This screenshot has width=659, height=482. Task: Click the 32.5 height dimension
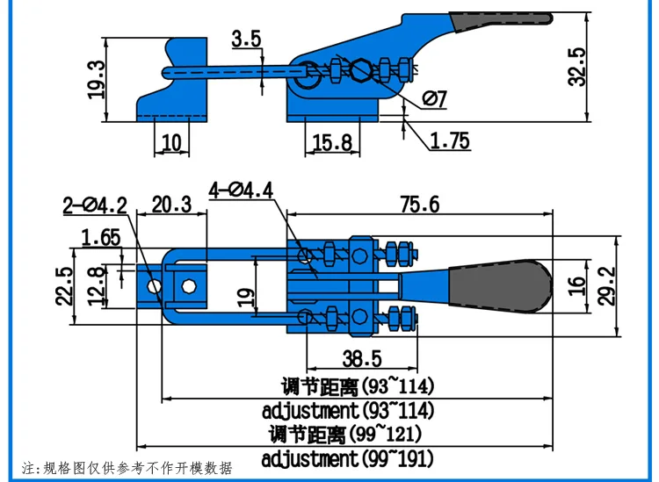576,68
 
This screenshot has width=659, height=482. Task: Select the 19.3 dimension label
97,80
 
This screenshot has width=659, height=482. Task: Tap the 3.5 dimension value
247,39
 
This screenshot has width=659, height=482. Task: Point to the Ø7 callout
435,99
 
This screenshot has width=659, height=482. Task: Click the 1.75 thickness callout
449,140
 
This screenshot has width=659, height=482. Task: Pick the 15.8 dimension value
332,143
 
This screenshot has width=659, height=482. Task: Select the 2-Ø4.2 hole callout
95,205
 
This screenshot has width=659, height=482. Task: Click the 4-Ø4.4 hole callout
242,191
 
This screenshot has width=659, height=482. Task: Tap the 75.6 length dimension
419,205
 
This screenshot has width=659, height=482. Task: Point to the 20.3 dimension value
171,205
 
